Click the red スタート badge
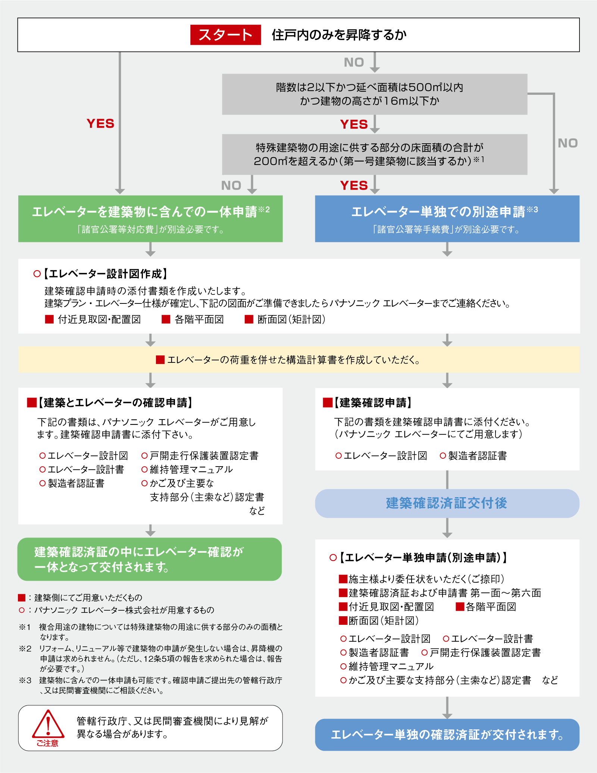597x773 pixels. [x=225, y=35]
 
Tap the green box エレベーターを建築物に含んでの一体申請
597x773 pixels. [x=150, y=218]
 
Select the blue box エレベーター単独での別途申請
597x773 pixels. [x=447, y=218]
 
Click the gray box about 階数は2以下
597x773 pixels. [x=374, y=94]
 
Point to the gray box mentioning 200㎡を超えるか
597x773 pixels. [x=374, y=154]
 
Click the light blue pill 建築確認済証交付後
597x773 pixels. [x=447, y=503]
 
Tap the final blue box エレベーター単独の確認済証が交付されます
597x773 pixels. [x=447, y=735]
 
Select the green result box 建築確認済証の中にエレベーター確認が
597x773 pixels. [x=149, y=559]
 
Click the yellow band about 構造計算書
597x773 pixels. [x=298, y=359]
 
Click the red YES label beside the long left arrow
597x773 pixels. [x=100, y=124]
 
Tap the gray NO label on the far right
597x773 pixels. [x=568, y=143]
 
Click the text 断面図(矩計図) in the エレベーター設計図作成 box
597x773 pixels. [x=291, y=320]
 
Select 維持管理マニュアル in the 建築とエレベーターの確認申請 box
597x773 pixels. [x=191, y=470]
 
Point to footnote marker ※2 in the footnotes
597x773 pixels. [x=25, y=648]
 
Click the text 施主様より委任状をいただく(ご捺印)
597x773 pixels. [x=426, y=579]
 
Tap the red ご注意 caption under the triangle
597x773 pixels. [x=47, y=743]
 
